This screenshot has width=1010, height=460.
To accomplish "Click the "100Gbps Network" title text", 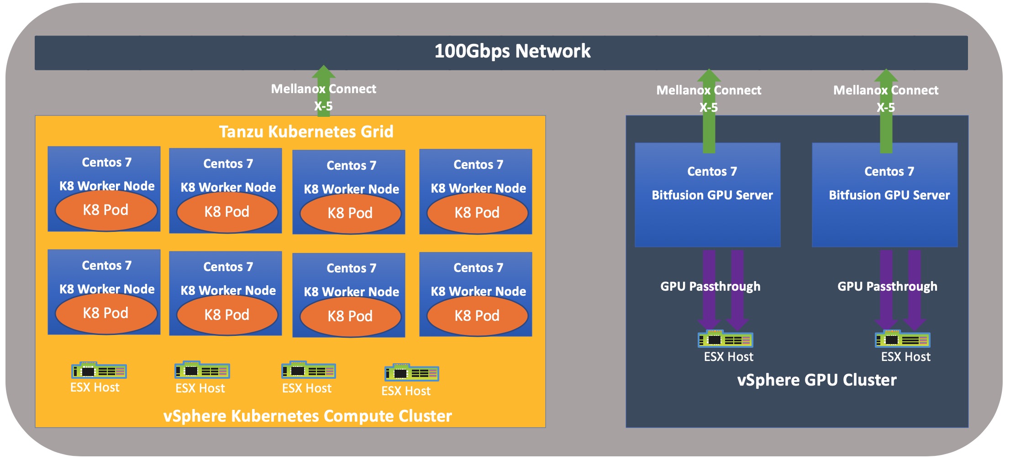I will [512, 51].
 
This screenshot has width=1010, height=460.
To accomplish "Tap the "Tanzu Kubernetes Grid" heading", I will [306, 131].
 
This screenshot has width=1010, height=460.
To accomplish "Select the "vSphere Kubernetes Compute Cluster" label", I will [307, 416].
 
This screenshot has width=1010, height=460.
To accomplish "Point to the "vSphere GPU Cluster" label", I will [816, 380].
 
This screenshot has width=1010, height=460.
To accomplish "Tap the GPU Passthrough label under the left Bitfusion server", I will [710, 286].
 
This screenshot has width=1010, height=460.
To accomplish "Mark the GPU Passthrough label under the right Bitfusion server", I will [887, 286].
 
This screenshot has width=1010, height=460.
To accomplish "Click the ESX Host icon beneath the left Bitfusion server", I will [725, 340].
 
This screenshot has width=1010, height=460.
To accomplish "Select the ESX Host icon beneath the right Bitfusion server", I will [902, 340].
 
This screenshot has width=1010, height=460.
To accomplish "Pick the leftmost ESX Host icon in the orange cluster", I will [99, 371].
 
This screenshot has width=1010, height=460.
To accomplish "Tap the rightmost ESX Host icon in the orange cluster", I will [411, 373].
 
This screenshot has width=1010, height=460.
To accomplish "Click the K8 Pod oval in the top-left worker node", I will [106, 210].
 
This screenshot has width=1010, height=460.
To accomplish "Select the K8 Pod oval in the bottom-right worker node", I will [477, 316].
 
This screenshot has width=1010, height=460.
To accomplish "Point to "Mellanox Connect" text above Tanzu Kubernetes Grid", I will [323, 89].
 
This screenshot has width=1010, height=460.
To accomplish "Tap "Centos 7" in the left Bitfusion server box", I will [712, 171].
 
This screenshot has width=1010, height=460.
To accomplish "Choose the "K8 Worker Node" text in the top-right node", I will [478, 188].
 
